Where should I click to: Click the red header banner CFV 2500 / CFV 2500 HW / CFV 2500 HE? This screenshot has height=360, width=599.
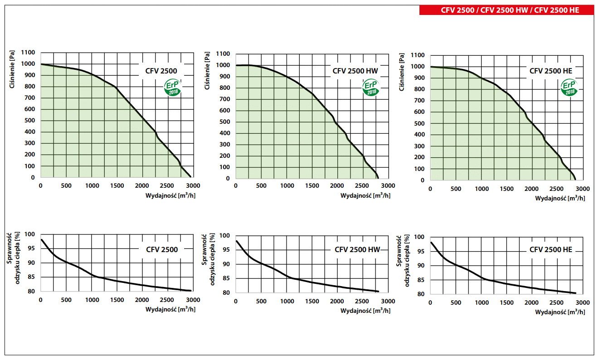point(506,10)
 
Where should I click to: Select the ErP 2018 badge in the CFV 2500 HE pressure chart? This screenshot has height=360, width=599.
point(569,88)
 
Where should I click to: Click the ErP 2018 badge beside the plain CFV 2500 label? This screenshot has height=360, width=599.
point(172,87)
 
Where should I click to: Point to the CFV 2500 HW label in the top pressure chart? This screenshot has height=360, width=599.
point(355,71)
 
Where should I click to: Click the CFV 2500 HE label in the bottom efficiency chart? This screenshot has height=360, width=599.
point(550,250)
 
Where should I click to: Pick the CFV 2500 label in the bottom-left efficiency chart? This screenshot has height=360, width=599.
point(162,249)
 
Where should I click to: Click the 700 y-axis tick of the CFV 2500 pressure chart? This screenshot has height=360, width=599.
point(29,98)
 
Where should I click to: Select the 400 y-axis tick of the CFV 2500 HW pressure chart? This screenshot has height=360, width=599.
point(224,133)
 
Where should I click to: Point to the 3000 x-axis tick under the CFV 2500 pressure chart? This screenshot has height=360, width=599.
point(193,185)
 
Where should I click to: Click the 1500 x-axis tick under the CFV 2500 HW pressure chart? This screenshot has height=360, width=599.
point(312,186)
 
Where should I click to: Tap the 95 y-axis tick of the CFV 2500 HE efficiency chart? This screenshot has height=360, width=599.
point(420,251)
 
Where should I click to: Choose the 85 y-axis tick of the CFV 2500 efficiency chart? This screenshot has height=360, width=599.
point(31,277)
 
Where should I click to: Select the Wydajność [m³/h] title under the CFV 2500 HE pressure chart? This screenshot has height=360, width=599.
point(560,198)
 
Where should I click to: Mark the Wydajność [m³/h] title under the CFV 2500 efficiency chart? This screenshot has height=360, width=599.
point(170,310)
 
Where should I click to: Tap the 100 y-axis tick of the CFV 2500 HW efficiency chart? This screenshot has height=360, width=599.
point(225,236)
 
